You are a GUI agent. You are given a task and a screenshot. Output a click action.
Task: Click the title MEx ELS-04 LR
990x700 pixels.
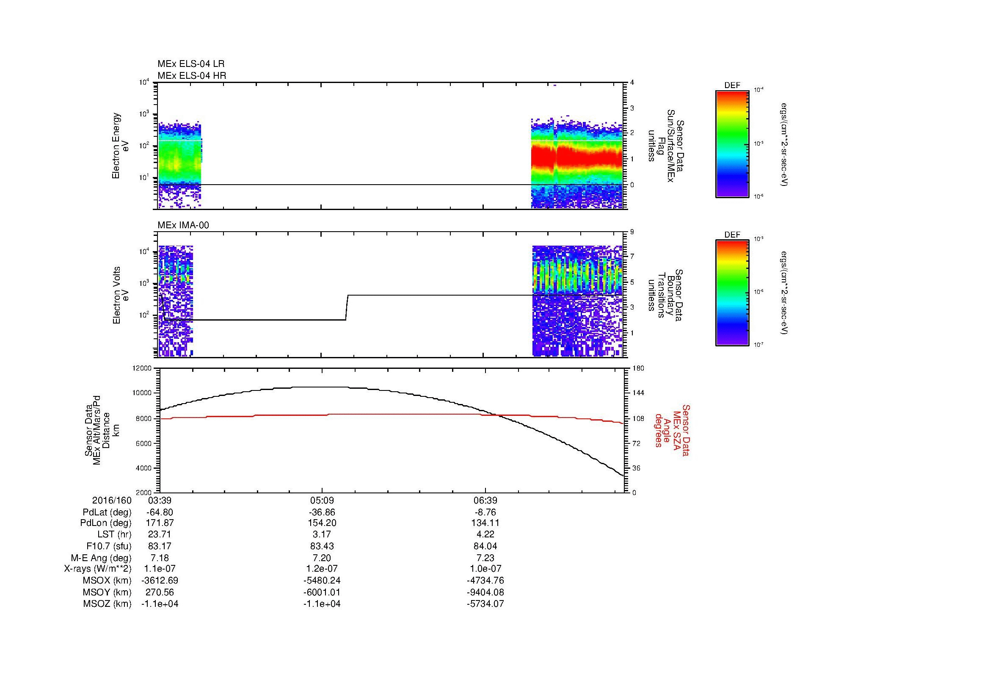[x=191, y=64]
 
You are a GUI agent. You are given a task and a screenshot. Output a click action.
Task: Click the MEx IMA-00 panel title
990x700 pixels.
[x=183, y=225]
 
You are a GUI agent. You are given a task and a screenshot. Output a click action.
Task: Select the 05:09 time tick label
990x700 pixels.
[x=322, y=500]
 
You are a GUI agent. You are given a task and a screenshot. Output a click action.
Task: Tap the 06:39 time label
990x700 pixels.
[x=485, y=500]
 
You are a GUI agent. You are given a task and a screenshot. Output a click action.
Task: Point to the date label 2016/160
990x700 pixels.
[x=112, y=500]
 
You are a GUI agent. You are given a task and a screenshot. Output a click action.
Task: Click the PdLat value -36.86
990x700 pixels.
[x=322, y=512]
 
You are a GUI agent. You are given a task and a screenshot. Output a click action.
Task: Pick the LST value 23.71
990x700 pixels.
[x=160, y=535]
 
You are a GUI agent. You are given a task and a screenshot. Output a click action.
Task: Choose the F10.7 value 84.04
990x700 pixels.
[x=485, y=546]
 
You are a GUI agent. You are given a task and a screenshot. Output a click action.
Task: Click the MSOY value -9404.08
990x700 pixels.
[x=485, y=592]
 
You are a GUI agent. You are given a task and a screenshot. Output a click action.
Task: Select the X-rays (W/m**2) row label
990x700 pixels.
[x=97, y=569]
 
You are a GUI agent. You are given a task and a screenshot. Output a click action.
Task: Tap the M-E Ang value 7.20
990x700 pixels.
[x=322, y=558]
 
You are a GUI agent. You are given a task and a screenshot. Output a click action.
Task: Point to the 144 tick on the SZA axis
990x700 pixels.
[x=638, y=393]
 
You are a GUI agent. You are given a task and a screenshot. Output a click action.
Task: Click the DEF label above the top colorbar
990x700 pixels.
[x=732, y=86]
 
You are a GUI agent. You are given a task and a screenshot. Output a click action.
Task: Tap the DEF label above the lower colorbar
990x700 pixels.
[x=732, y=235]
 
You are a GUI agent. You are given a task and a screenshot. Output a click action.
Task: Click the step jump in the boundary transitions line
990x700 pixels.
[x=347, y=307]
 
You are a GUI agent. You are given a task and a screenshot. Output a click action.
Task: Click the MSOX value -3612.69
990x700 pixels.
[x=160, y=581]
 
